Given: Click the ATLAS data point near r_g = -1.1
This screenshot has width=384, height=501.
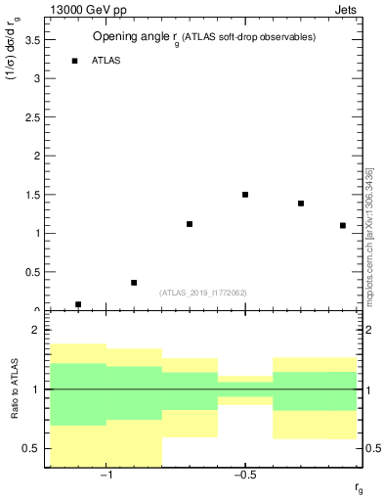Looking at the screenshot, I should pos(78,304).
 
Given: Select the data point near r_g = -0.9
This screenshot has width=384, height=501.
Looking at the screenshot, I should pos(134,283).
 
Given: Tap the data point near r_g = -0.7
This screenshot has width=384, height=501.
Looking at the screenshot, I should pos(190,224).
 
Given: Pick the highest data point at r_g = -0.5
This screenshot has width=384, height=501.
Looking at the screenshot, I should pos(245,195).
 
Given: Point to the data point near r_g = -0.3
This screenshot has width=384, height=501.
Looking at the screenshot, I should pos(301,204).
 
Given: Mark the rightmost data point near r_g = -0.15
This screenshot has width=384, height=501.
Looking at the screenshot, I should pos(343,225).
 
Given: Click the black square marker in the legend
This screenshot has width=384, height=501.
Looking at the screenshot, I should pos(74,61).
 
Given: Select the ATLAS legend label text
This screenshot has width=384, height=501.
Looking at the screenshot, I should pos(107,61).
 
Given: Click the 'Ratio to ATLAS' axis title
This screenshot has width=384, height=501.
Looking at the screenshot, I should pos(13,389).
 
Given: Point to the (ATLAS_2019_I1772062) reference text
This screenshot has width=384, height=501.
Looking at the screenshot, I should pos(203,293).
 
